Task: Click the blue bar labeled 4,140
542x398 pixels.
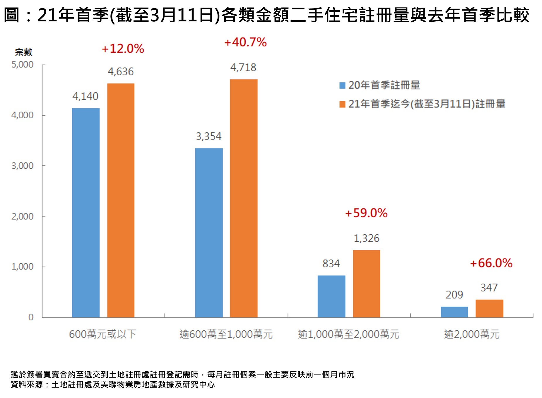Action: [86, 213]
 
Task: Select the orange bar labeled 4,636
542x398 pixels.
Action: [121, 200]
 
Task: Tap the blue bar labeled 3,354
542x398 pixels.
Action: [209, 233]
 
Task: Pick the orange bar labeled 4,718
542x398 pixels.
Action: [244, 198]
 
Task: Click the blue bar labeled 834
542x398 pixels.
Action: [331, 296]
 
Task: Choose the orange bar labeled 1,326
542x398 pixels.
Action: [366, 283]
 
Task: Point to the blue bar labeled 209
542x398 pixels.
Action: [454, 312]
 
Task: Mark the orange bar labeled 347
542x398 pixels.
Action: [489, 308]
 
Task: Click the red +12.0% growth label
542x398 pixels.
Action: [123, 49]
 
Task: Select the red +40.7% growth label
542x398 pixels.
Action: [245, 42]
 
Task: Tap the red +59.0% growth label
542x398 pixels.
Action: [366, 213]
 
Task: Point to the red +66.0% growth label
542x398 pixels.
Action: [491, 263]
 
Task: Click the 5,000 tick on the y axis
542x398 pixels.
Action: [23, 64]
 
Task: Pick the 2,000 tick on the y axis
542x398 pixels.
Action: [23, 216]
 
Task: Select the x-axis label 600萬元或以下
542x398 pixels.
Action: [102, 334]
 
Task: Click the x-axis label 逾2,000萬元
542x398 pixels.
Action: [471, 334]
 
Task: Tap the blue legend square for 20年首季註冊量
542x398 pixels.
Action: [342, 85]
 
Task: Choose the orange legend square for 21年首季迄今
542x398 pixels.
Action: [342, 104]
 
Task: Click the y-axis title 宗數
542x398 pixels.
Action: [23, 52]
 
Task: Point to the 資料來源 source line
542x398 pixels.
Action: [113, 385]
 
